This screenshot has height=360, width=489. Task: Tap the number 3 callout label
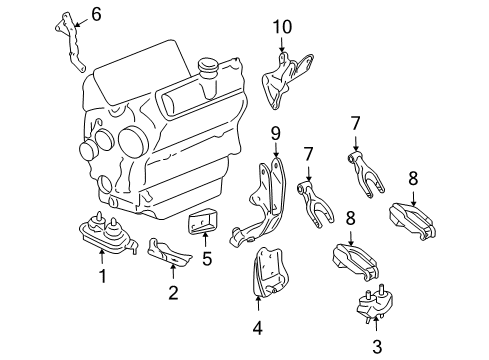(x=376, y=347)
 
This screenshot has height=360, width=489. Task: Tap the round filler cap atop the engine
(x=209, y=69)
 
